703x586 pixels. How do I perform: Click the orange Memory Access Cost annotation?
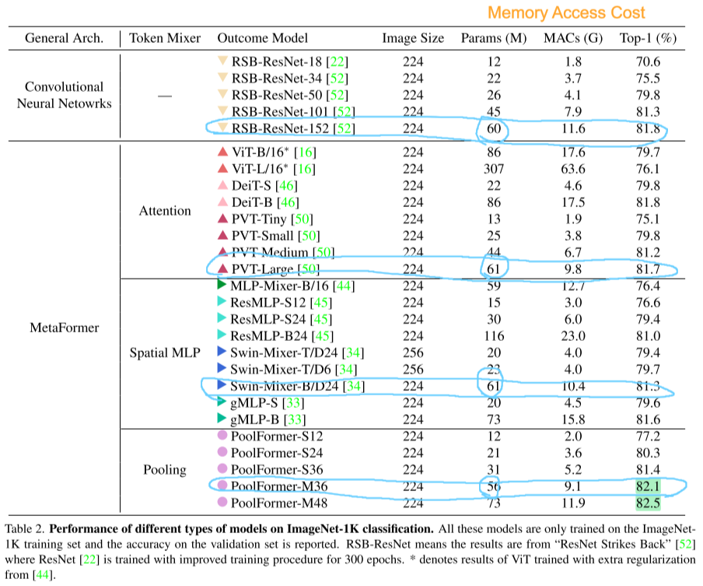point(566,12)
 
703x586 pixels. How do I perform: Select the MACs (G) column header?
point(573,38)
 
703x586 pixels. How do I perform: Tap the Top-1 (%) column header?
point(648,38)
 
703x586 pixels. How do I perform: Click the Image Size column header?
point(413,38)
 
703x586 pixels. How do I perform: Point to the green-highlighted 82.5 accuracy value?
point(648,503)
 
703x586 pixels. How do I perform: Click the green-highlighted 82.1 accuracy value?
point(648,486)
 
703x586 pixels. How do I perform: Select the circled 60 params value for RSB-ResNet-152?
point(494,128)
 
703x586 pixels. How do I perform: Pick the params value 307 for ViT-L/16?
point(494,169)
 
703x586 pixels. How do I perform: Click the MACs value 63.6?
point(573,169)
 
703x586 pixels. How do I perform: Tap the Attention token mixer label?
point(165,211)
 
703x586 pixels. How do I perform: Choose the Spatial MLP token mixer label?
point(165,353)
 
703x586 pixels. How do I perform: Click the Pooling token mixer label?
point(165,470)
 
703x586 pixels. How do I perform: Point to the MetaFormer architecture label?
point(64,328)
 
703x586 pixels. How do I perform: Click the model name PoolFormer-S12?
point(277,436)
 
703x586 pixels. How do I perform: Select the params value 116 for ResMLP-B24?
point(494,336)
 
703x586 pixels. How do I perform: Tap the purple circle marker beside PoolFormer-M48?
point(222,502)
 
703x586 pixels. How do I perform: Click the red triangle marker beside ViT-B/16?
point(223,152)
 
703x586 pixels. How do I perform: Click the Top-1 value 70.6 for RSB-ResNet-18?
point(648,61)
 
